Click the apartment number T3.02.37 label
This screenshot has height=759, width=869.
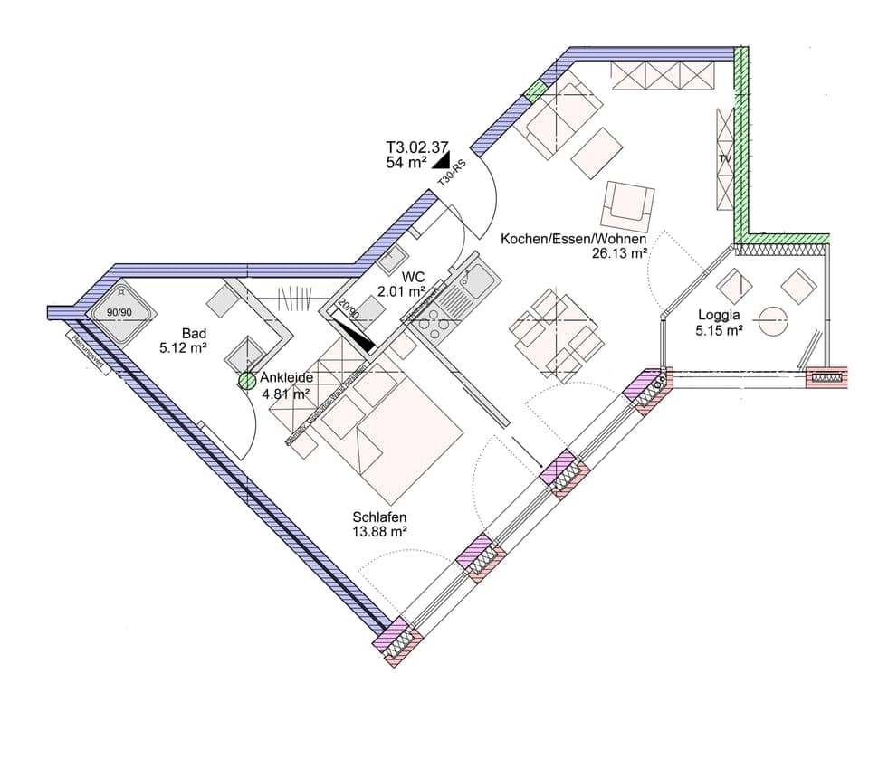coord(416,147)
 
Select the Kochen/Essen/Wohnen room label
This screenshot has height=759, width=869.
coord(574,239)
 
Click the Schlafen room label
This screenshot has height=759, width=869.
coord(379,517)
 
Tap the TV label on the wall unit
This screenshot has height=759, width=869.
coord(724,159)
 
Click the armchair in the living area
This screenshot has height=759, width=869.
coord(627,204)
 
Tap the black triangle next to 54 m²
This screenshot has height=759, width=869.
coord(442,161)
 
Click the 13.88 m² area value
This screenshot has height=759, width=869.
coord(379,532)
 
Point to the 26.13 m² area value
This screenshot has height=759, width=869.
coord(619,254)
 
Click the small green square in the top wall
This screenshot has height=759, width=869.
coord(534,90)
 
